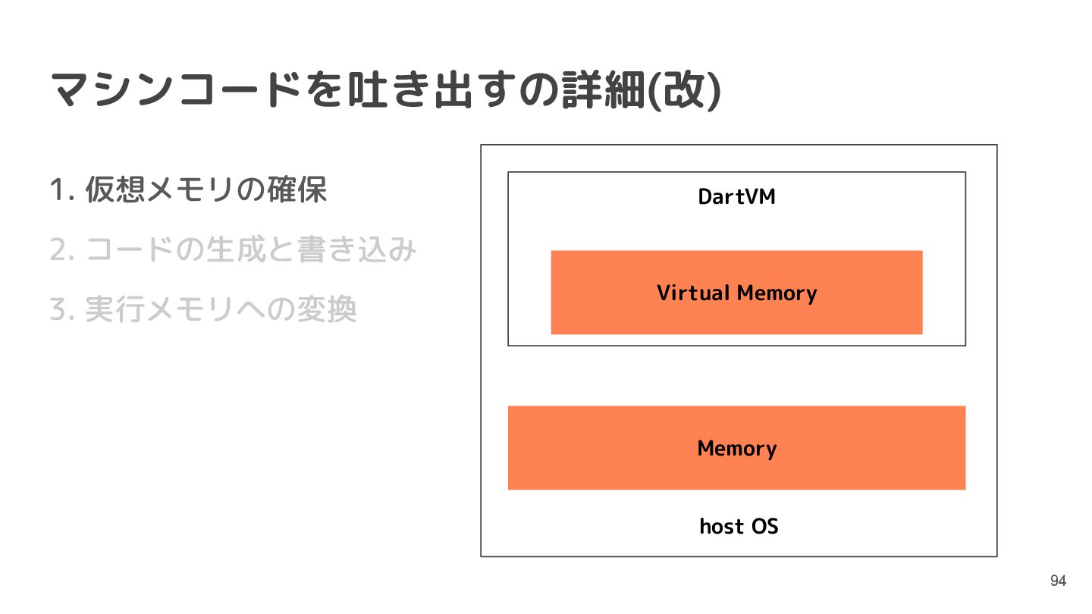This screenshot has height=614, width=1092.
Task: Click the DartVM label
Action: click(x=736, y=197)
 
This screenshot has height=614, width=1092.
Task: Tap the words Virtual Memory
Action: click(x=736, y=293)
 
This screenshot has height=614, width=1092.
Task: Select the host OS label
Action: click(x=739, y=526)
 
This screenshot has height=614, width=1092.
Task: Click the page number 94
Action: click(x=1058, y=581)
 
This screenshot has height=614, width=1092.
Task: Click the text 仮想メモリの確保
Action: click(x=206, y=190)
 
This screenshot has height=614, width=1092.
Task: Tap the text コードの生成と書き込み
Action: click(x=251, y=250)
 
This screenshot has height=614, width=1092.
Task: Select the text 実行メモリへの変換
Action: click(x=221, y=310)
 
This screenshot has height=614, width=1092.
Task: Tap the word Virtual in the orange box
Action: click(x=693, y=293)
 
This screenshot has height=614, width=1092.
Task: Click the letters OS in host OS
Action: click(x=764, y=526)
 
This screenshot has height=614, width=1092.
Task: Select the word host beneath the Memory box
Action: click(x=721, y=526)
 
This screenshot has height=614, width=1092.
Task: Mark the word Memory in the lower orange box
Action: click(x=736, y=449)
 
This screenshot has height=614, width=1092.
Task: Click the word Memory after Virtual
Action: click(x=777, y=293)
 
